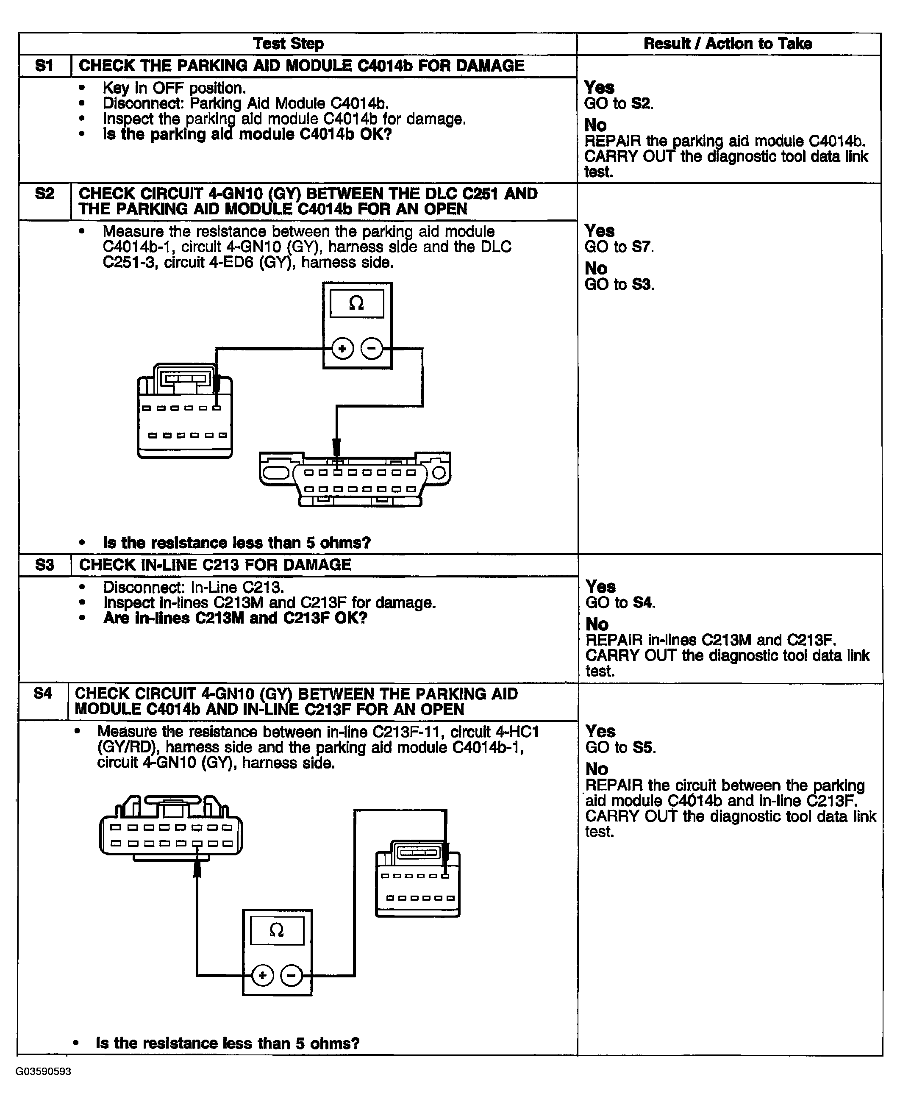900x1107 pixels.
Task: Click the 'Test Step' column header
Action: coord(288,44)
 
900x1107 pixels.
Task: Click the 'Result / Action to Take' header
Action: coord(728,44)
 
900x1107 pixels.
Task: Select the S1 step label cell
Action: coord(44,66)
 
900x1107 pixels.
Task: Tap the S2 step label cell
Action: coord(44,194)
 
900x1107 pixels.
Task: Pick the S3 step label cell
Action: coord(44,564)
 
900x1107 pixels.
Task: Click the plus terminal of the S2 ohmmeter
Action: coord(342,348)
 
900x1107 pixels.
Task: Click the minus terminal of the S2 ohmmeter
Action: coord(371,348)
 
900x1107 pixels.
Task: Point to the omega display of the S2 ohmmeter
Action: coord(357,303)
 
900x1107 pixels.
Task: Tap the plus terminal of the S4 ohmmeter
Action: coord(262,976)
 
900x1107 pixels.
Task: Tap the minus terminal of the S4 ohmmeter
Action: coord(292,976)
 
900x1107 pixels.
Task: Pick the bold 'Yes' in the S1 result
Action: coord(599,87)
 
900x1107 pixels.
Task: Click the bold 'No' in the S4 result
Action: coord(596,769)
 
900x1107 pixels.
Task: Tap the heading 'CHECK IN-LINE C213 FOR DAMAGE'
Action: coord(215,564)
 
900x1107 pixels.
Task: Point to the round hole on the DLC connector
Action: coord(439,473)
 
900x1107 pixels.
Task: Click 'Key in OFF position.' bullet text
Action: coord(174,88)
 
